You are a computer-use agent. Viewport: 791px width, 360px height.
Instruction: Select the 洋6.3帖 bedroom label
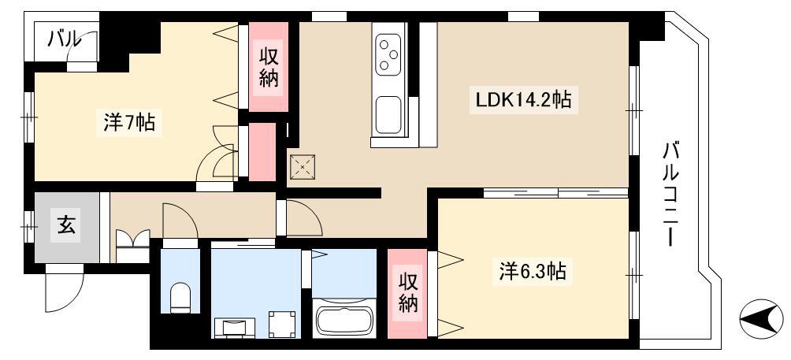(x=533, y=271)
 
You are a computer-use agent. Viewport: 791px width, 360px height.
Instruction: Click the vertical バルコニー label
(x=671, y=195)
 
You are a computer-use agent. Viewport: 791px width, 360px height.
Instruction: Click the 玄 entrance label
(x=66, y=224)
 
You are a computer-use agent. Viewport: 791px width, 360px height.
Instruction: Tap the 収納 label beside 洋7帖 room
(x=269, y=66)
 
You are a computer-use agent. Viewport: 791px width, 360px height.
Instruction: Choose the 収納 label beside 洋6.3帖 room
(x=408, y=294)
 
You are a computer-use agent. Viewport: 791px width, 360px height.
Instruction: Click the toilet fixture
(x=180, y=298)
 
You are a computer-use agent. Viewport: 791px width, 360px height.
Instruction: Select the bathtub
(x=344, y=317)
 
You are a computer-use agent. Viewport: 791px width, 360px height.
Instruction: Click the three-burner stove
(x=388, y=50)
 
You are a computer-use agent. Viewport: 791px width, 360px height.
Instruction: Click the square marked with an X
(x=303, y=166)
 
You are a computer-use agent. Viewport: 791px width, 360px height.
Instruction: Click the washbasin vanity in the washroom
(x=235, y=328)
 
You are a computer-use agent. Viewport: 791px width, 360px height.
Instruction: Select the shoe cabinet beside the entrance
(x=132, y=246)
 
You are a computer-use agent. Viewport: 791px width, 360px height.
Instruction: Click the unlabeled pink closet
(x=262, y=152)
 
